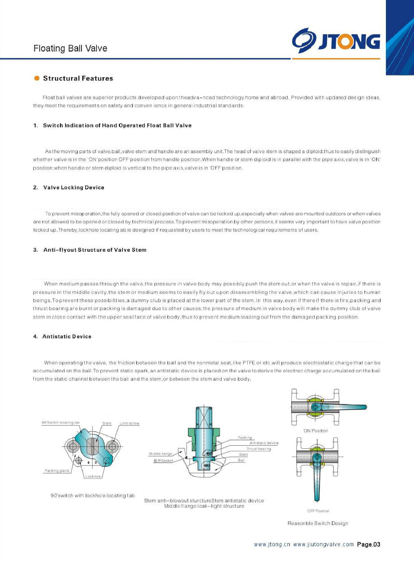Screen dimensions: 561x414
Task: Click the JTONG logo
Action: [336, 41]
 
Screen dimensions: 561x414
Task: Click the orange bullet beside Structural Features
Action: [37, 78]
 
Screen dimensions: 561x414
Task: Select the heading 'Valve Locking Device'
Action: [74, 188]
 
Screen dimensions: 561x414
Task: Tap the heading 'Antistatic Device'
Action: [67, 337]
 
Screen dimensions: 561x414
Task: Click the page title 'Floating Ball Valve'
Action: [70, 48]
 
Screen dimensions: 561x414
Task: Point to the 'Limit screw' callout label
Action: [129, 424]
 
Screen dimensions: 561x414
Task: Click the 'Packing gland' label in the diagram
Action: [57, 471]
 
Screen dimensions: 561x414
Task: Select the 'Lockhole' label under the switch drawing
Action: [93, 476]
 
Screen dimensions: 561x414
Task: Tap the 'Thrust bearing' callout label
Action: [259, 449]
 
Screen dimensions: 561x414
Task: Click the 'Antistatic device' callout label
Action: [264, 443]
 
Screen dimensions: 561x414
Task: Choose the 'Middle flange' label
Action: [160, 454]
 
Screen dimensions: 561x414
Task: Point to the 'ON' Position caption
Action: [315, 431]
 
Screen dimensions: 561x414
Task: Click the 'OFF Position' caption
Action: [318, 511]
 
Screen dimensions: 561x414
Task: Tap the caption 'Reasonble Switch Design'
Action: [318, 523]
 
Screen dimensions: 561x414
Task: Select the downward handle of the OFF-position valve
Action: [317, 484]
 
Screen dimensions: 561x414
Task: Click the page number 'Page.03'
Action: [368, 545]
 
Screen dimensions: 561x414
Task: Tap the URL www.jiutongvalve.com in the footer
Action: [323, 545]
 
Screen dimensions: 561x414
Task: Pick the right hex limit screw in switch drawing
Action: [112, 447]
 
